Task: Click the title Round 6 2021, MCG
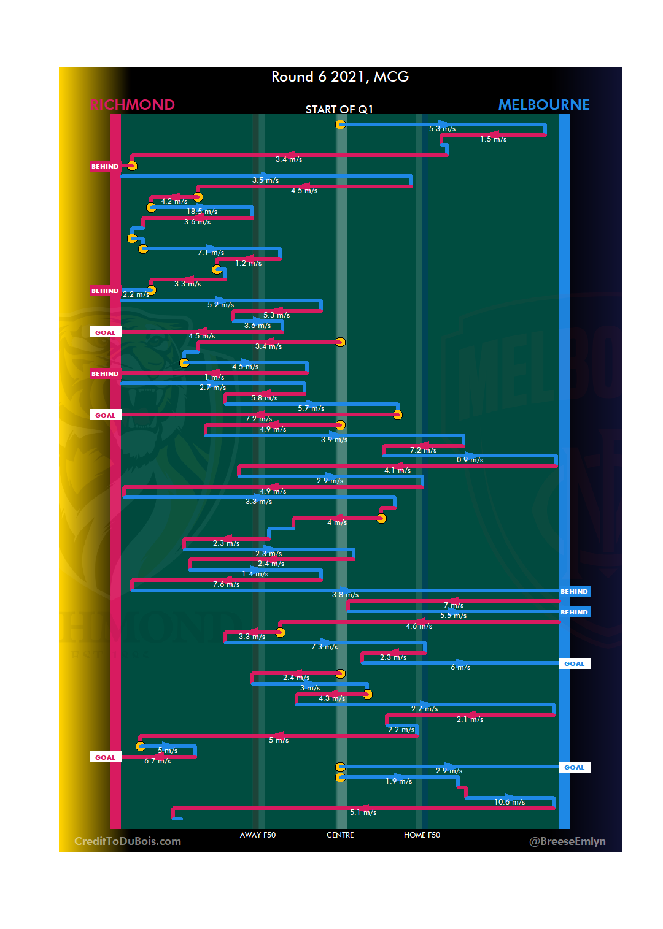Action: [x=340, y=77]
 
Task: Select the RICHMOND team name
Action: [x=132, y=105]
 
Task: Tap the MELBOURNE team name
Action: [x=544, y=105]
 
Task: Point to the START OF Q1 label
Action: [x=339, y=110]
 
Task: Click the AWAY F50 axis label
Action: [x=258, y=835]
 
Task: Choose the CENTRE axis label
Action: [x=340, y=835]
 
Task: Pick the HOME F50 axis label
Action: [x=422, y=835]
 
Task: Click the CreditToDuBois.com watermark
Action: [x=128, y=841]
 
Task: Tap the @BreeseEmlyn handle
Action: [x=567, y=841]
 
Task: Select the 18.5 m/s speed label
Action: [x=202, y=212]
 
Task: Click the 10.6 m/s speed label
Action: [x=510, y=802]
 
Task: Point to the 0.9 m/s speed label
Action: [x=470, y=460]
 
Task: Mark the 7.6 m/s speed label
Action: [x=226, y=584]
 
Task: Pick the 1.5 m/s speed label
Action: [x=493, y=139]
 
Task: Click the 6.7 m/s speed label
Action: [x=158, y=761]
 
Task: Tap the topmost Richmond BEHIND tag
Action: [x=105, y=166]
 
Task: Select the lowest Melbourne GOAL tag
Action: [x=575, y=767]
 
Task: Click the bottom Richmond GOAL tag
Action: [x=105, y=757]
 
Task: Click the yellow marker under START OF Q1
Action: [x=340, y=124]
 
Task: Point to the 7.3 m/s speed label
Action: [x=324, y=647]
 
